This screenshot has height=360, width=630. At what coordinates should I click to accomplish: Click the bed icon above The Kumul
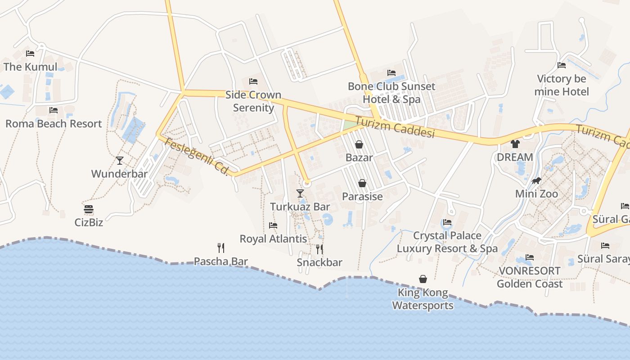click(x=30, y=54)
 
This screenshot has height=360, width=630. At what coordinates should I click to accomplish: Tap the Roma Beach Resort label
click(x=54, y=124)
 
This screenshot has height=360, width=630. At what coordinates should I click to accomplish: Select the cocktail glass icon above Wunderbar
click(x=119, y=161)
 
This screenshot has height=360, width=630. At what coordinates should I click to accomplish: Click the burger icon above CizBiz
click(x=89, y=209)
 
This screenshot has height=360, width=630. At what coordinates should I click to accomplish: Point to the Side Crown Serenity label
click(x=253, y=101)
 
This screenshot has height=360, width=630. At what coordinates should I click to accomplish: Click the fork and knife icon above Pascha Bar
click(x=220, y=247)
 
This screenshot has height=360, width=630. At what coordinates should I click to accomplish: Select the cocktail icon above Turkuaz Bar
click(x=300, y=193)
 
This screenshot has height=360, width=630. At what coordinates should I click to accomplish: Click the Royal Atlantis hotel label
click(x=273, y=238)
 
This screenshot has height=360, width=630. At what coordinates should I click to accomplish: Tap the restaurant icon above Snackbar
click(x=319, y=249)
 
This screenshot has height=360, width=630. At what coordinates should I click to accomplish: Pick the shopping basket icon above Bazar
click(x=359, y=144)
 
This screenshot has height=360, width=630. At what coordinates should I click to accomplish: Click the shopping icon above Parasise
click(x=362, y=183)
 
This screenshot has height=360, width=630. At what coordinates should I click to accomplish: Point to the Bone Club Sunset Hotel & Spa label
click(x=391, y=93)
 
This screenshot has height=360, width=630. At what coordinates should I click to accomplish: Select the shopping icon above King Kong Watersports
click(x=423, y=279)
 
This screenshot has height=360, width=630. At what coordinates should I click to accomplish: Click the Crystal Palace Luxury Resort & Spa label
click(x=447, y=242)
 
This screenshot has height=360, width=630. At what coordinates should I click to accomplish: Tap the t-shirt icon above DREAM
click(x=515, y=144)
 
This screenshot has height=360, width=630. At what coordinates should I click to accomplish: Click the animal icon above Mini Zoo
click(x=536, y=181)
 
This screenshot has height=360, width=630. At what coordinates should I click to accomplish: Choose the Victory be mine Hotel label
click(x=562, y=85)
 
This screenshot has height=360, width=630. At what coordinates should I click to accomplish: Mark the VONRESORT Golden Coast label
click(x=530, y=277)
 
